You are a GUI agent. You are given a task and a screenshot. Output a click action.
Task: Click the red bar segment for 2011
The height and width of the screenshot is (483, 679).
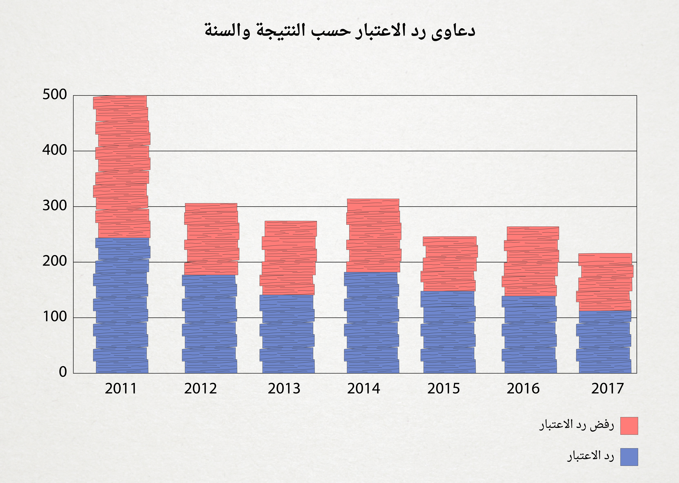point(122,167)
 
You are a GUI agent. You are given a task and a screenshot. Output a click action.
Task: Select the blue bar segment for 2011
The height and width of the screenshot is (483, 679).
point(122,306)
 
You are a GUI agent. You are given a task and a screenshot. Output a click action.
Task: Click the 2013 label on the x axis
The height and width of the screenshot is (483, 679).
point(284,389)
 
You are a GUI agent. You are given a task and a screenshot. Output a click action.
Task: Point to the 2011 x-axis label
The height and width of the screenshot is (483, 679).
point(121,389)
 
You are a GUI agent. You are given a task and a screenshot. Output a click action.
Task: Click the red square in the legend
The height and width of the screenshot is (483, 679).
point(629,426)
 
